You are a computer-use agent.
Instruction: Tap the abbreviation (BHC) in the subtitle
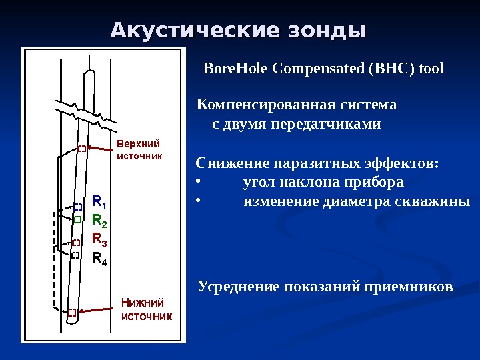391,69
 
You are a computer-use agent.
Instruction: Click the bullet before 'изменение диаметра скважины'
198,201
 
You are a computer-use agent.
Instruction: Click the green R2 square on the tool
77,219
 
